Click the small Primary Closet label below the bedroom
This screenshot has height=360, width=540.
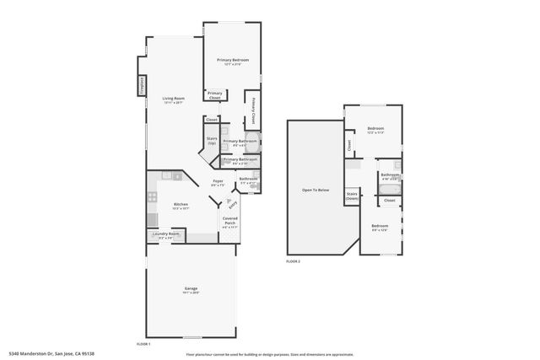tap(215, 95)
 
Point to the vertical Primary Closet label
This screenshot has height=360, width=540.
tap(253, 111)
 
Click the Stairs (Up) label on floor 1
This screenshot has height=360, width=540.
tap(212, 140)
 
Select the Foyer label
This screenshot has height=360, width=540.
tap(217, 182)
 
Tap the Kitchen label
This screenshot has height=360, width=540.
tap(181, 205)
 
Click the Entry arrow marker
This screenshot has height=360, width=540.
tap(230, 203)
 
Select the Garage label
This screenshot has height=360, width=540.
tap(192, 291)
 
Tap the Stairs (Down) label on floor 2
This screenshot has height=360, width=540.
tap(351, 196)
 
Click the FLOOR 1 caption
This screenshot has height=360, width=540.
tap(143, 344)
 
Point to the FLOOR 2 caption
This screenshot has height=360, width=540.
tap(293, 262)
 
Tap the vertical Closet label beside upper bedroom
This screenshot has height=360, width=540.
tap(348, 145)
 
